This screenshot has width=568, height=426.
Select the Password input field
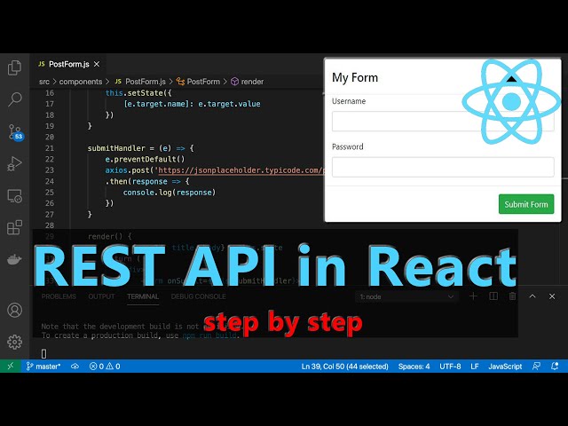(442, 167)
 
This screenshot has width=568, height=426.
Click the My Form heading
(355, 77)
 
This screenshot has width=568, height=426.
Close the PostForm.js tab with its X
(98, 64)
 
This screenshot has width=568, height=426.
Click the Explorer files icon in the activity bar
(14, 67)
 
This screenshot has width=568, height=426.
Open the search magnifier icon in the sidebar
(14, 99)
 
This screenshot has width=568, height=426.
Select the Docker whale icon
(14, 260)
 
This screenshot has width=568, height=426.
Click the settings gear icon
(14, 342)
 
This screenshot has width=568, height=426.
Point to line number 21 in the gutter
(49, 137)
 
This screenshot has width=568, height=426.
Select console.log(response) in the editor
(169, 192)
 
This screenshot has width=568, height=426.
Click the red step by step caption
(282, 323)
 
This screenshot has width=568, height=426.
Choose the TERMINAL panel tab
(143, 296)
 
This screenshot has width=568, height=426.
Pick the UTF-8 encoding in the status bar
(450, 366)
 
